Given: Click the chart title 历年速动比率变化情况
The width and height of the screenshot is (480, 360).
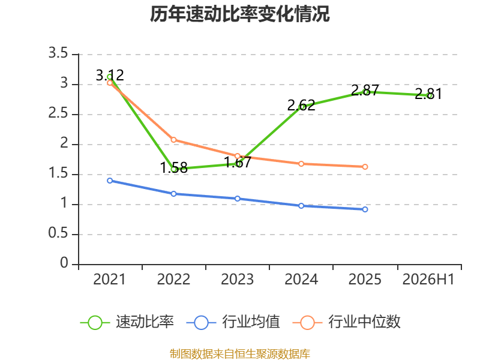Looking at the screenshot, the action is pyautogui.click(x=239, y=14).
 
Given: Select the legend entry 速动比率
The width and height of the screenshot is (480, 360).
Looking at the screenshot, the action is pyautogui.click(x=127, y=322).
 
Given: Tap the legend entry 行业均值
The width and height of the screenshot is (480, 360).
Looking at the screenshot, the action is pyautogui.click(x=233, y=322).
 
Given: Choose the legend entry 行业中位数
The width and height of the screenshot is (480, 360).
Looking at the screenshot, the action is pyautogui.click(x=346, y=322).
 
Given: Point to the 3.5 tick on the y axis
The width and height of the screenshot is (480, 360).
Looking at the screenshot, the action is pyautogui.click(x=58, y=53).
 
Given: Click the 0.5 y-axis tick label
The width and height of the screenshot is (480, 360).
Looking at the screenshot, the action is pyautogui.click(x=58, y=233).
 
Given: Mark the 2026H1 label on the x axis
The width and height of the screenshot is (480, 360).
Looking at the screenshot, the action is pyautogui.click(x=428, y=280).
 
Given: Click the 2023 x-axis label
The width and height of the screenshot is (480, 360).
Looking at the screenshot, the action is pyautogui.click(x=237, y=280).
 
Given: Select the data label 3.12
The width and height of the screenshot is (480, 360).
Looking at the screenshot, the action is pyautogui.click(x=110, y=76).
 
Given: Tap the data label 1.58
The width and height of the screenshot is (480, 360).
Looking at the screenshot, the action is pyautogui.click(x=173, y=168).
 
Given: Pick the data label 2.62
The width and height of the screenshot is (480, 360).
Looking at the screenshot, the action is pyautogui.click(x=301, y=106).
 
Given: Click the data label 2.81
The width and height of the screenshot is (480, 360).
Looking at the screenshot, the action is pyautogui.click(x=428, y=94).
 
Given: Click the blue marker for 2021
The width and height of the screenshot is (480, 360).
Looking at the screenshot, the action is pyautogui.click(x=110, y=181).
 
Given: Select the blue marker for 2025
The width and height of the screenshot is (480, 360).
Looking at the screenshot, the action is pyautogui.click(x=365, y=209).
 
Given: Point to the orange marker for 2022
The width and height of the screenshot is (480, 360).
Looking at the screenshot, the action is pyautogui.click(x=173, y=140).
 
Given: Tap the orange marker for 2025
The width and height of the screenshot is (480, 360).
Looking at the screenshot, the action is pyautogui.click(x=365, y=167).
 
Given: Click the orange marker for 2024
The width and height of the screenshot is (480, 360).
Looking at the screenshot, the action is pyautogui.click(x=301, y=164).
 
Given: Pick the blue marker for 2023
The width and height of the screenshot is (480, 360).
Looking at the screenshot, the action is pyautogui.click(x=237, y=199).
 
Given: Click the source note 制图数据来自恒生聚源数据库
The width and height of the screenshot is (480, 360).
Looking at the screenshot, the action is pyautogui.click(x=240, y=354).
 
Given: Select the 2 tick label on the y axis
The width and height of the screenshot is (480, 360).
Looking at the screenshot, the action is pyautogui.click(x=64, y=143).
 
